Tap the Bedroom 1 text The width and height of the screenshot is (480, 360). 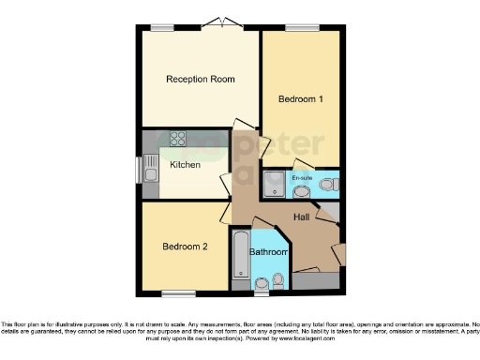point(302,97)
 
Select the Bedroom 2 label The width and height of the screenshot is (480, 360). point(184,247)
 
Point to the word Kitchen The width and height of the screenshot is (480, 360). point(185,165)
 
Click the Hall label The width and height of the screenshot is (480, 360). point(302,217)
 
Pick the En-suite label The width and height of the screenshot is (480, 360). point(302,177)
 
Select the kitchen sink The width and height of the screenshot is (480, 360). point(151,170)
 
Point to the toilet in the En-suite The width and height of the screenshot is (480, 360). point(327,186)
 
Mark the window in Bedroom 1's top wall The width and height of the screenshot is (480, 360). point(301,28)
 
